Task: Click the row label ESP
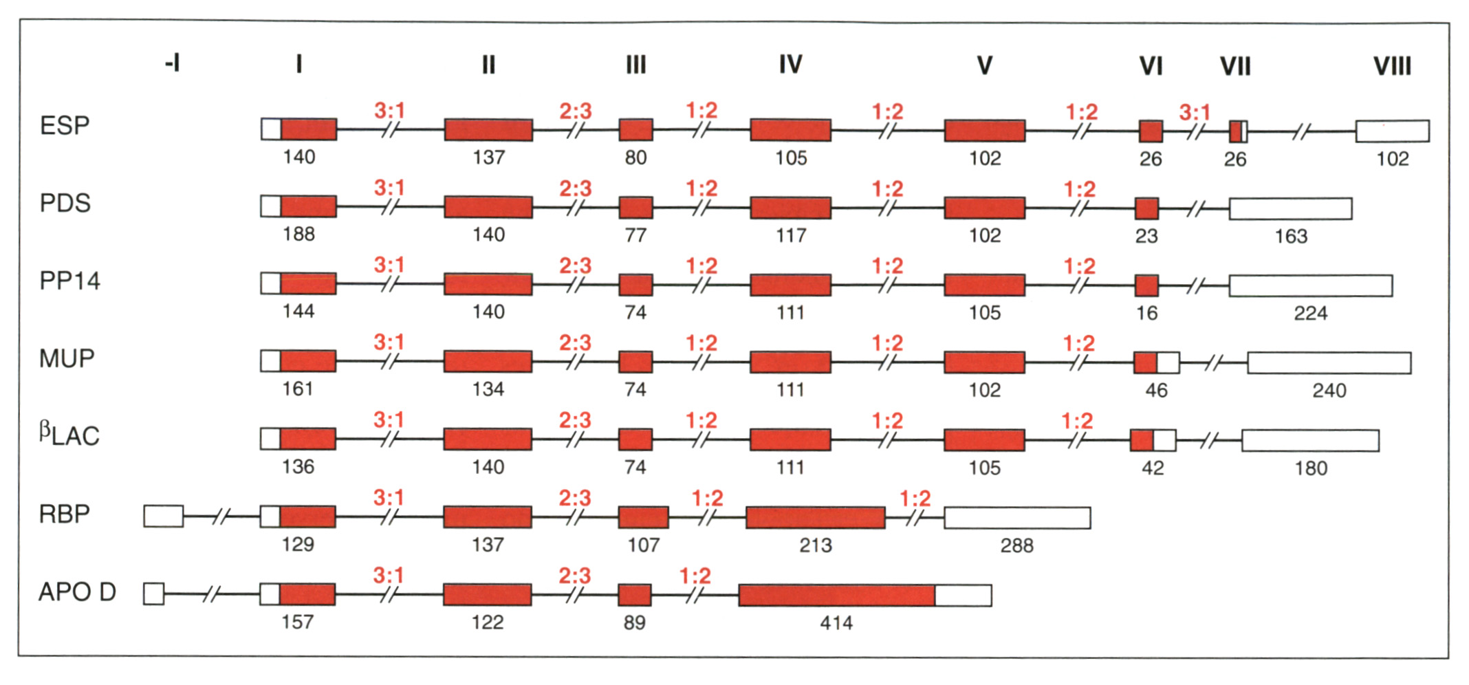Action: coord(65,126)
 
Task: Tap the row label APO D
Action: coord(77,592)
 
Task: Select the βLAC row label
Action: coord(69,435)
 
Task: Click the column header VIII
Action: coord(1392,67)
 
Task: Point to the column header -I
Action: coord(172,64)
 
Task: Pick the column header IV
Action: coord(790,65)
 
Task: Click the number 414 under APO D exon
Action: coord(836,623)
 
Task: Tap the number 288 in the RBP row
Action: coord(1016,546)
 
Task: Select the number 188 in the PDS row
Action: coord(298,235)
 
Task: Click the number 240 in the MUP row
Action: coord(1329,391)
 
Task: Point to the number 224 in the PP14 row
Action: coord(1310,314)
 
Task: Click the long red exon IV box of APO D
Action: coord(836,596)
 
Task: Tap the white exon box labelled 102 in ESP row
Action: coord(1392,131)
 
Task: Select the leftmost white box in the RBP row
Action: coord(164,517)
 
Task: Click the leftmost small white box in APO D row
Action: coord(154,594)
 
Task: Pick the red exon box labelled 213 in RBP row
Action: coord(815,518)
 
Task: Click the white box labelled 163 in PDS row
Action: coord(1290,208)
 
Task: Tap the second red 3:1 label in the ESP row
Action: coord(1195,112)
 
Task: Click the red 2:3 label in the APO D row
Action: coord(575,576)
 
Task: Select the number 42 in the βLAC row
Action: coord(1153,468)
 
